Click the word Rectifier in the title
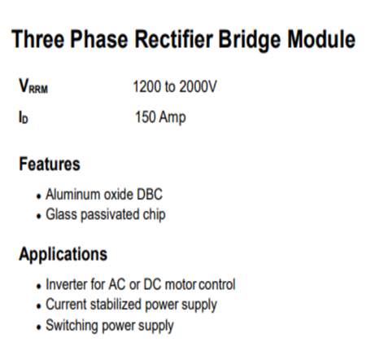click(174, 39)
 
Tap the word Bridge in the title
click(250, 40)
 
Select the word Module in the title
click(321, 39)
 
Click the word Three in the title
click(38, 39)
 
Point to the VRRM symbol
click(33, 86)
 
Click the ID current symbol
click(24, 117)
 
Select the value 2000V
click(198, 86)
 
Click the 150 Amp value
click(160, 117)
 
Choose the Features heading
click(50, 164)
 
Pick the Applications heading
click(63, 254)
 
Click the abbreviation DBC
click(150, 195)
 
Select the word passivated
click(111, 214)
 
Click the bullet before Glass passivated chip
click(39, 217)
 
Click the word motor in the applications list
click(181, 284)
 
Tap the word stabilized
click(116, 304)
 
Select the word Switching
click(72, 325)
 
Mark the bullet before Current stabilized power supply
click(39, 306)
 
